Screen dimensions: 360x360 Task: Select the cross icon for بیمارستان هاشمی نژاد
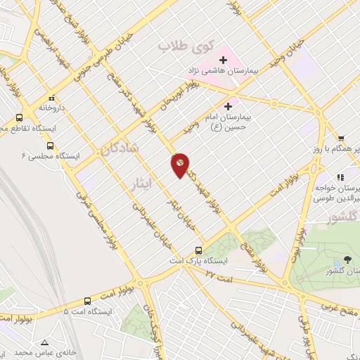223,59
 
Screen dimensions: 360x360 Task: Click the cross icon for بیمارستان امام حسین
228,106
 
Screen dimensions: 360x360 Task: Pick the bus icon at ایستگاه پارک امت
199,250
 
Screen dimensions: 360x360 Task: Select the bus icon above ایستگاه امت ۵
87,300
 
